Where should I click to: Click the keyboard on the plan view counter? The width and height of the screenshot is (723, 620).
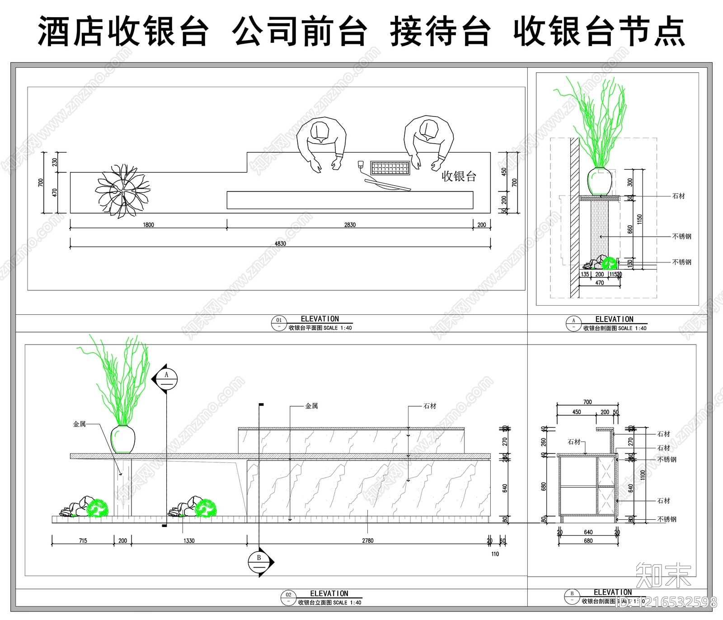390,168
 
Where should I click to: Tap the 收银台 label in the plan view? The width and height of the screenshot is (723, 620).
459,176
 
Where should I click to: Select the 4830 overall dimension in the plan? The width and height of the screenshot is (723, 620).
280,243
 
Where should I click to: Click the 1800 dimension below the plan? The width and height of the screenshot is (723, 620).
148,224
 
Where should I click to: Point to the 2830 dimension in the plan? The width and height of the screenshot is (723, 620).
350,224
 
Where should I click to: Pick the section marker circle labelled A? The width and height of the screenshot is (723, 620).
166,379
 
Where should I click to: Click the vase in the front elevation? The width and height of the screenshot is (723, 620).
123,439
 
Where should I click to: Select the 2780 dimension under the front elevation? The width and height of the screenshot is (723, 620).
368,541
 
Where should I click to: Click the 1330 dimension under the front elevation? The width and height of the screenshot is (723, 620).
189,541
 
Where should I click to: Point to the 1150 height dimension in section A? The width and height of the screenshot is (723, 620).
639,219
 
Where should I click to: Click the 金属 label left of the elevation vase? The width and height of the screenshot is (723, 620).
80,424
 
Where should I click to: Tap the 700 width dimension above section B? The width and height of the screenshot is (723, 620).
587,402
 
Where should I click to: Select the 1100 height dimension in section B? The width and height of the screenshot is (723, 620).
643,475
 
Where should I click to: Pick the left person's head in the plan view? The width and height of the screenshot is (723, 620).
320,131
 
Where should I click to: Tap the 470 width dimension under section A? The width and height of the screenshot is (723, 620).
600,283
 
